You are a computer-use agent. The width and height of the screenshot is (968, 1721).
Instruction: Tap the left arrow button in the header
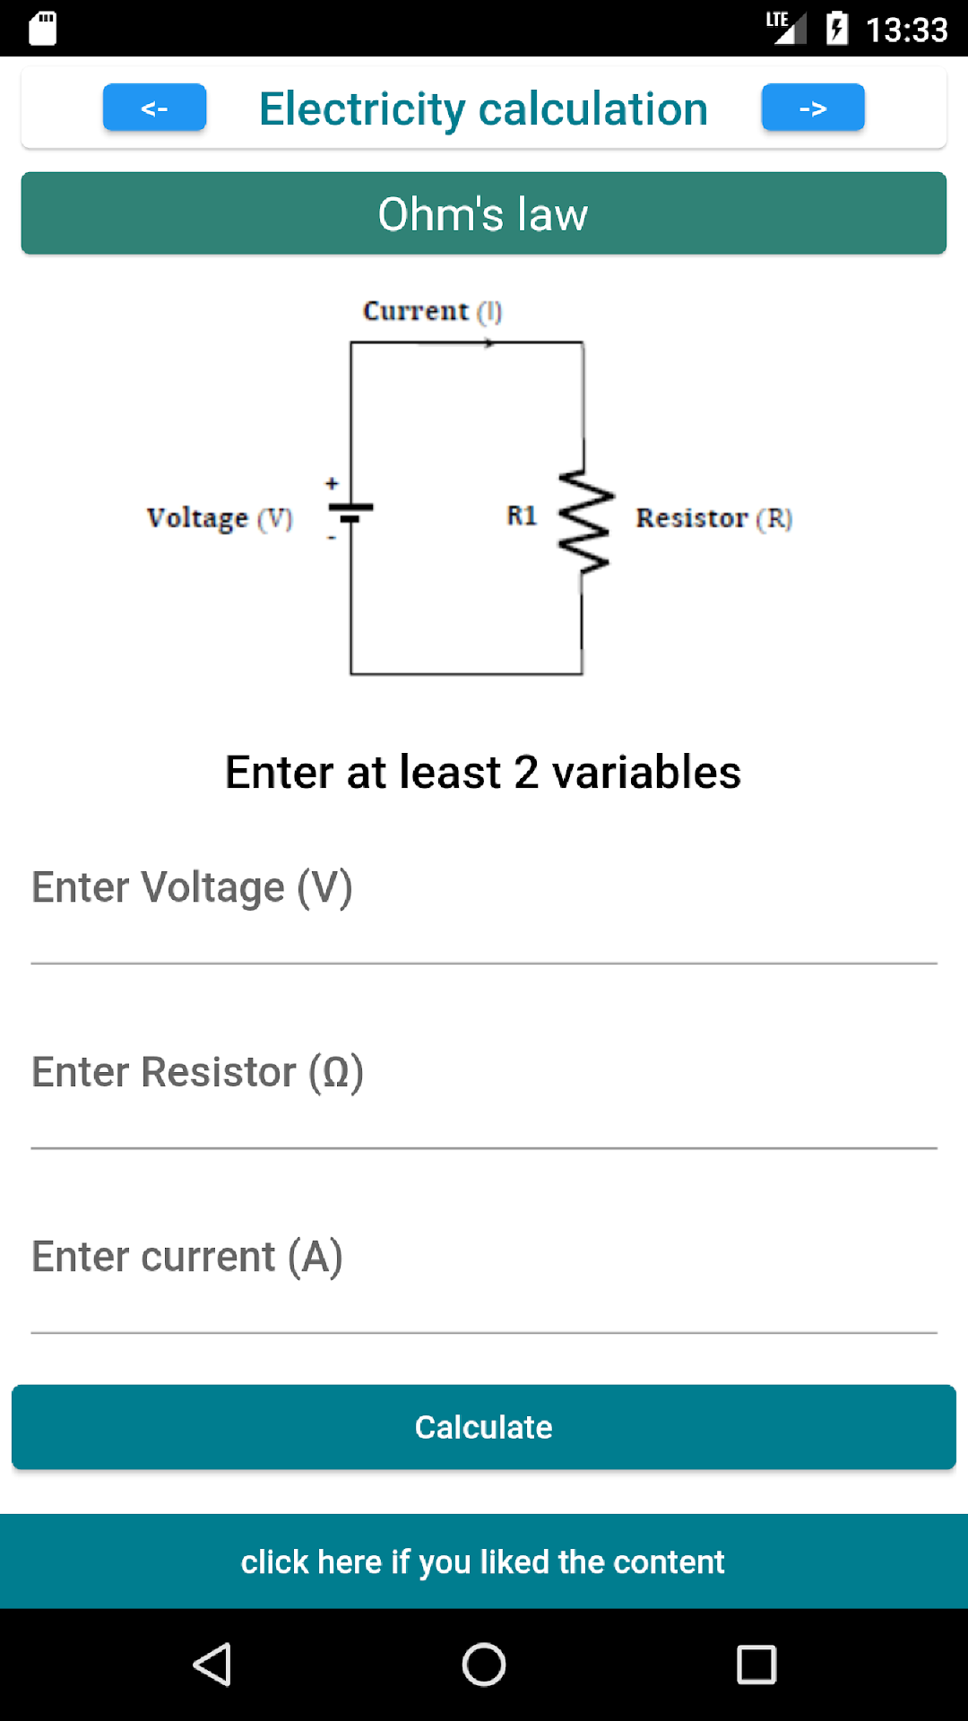(154, 108)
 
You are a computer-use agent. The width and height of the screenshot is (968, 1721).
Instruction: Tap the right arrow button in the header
(813, 108)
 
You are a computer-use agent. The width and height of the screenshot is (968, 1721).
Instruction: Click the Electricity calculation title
(483, 108)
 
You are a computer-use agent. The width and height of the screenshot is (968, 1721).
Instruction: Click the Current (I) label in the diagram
(432, 311)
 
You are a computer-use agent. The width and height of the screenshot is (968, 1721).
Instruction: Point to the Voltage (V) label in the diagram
(220, 518)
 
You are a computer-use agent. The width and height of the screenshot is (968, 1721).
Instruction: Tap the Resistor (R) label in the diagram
(713, 518)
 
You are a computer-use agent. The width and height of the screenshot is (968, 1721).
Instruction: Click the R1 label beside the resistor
(522, 515)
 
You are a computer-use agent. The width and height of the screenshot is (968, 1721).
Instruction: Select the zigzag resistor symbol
(584, 520)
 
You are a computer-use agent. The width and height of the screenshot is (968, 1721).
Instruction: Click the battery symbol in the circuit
(350, 513)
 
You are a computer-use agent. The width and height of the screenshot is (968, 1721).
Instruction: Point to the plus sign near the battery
(332, 484)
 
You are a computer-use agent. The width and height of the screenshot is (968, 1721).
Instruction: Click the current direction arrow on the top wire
(457, 342)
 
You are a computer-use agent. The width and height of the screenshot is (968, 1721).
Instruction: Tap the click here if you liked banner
(484, 1561)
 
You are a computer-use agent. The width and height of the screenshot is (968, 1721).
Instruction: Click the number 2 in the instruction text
(526, 773)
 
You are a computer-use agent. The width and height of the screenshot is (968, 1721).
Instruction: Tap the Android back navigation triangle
(212, 1665)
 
